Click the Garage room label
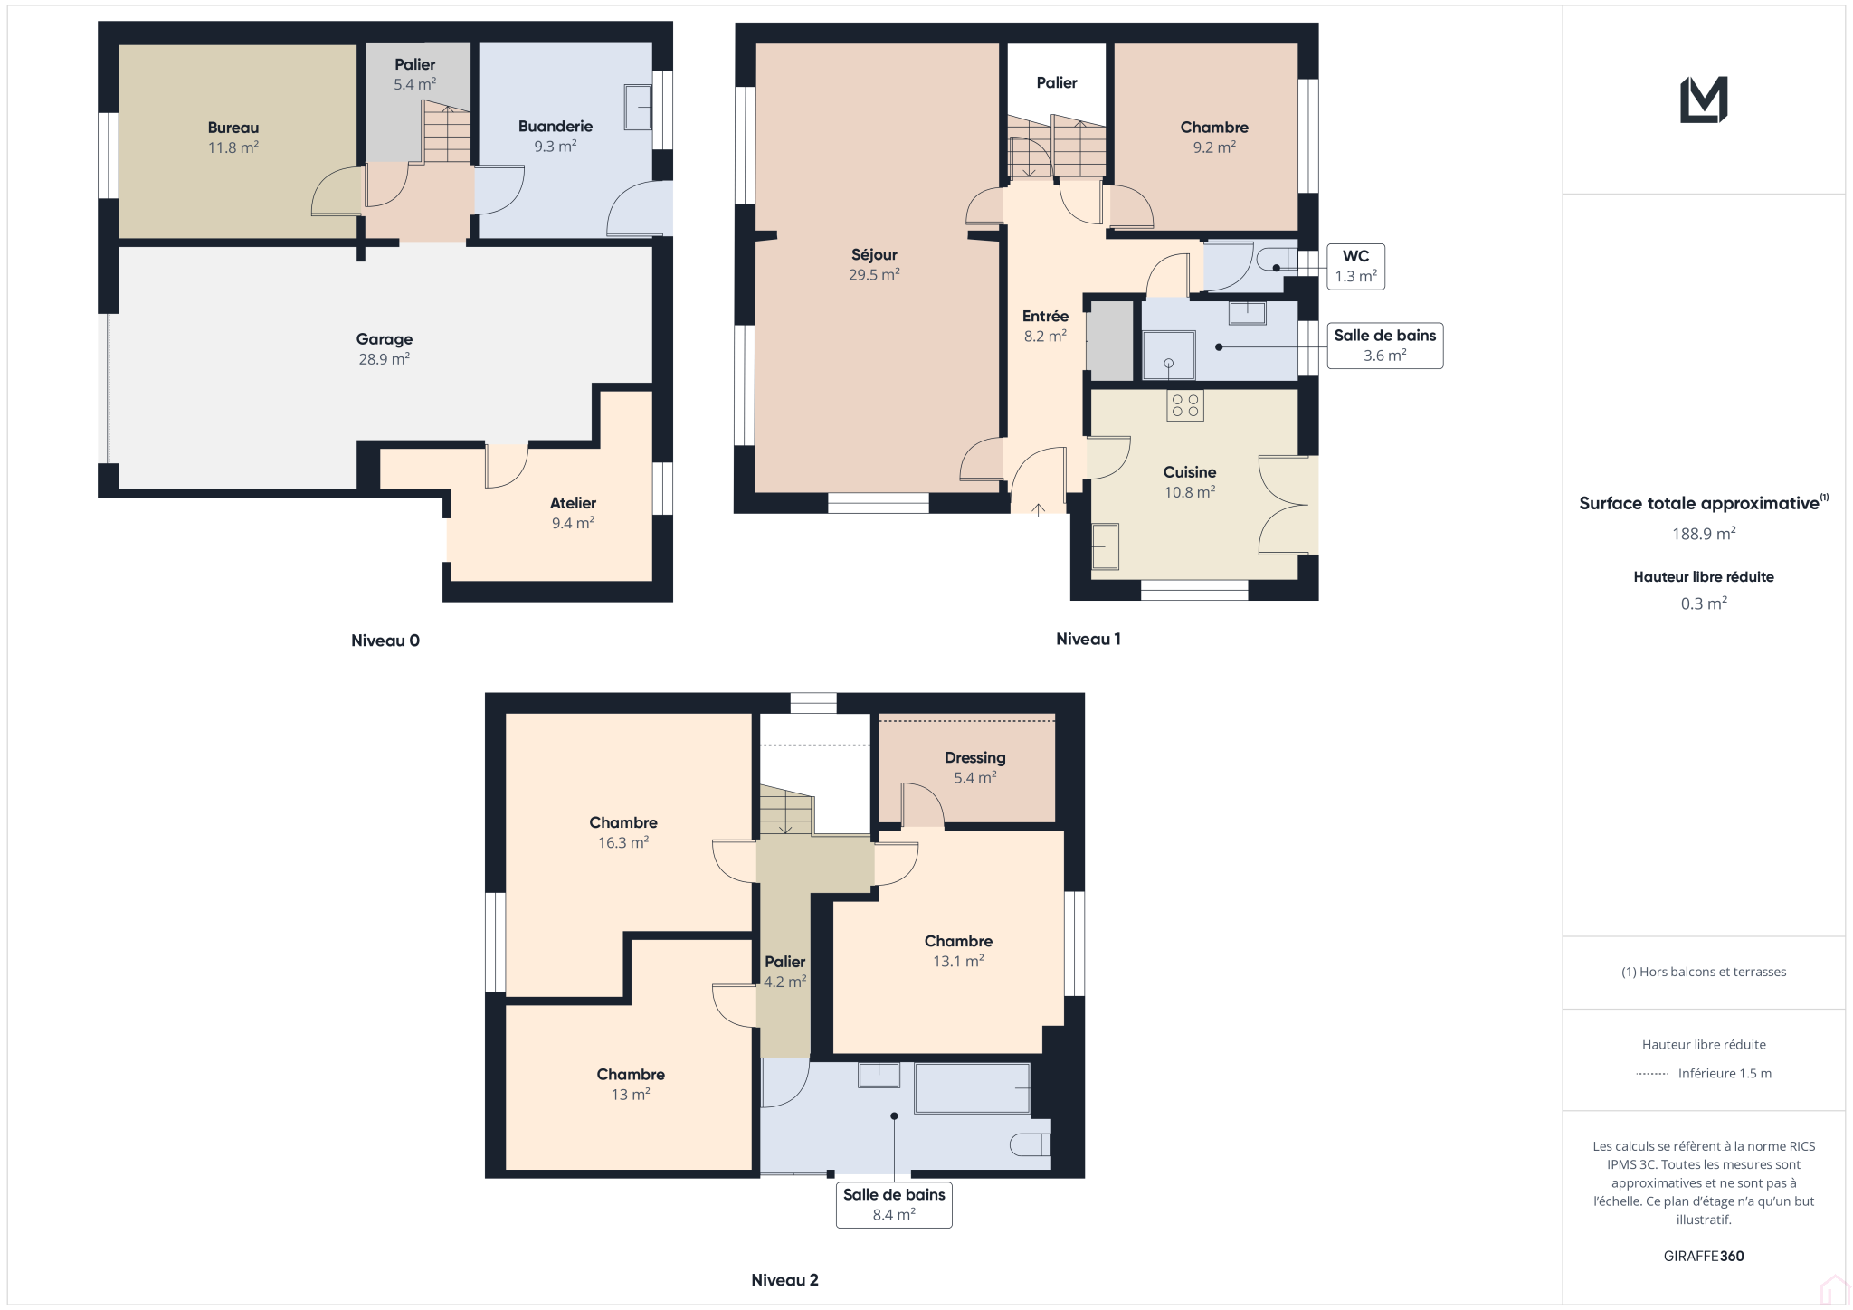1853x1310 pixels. [x=385, y=349]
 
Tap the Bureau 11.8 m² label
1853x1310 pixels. [x=233, y=138]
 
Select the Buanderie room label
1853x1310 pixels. [x=556, y=136]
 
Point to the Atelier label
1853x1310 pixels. [x=573, y=513]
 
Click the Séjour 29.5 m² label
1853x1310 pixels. [x=874, y=264]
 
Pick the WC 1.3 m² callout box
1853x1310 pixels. [x=1355, y=266]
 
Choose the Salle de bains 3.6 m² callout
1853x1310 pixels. [x=1384, y=346]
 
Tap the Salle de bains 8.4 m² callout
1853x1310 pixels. [x=894, y=1204]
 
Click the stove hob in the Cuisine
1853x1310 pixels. [x=1184, y=405]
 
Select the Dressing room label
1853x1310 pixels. [x=974, y=767]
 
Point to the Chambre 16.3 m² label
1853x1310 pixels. [x=623, y=832]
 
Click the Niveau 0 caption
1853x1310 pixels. [x=385, y=641]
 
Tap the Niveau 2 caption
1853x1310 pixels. [x=784, y=1280]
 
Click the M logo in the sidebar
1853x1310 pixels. [x=1704, y=100]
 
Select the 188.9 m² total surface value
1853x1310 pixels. [x=1704, y=534]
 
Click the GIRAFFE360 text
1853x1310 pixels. [x=1704, y=1256]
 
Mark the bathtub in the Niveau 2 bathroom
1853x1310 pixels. [x=973, y=1088]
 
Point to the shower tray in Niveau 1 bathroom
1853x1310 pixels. [x=1168, y=356]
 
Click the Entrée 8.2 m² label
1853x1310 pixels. [x=1045, y=326]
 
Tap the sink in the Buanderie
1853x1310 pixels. [x=638, y=108]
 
